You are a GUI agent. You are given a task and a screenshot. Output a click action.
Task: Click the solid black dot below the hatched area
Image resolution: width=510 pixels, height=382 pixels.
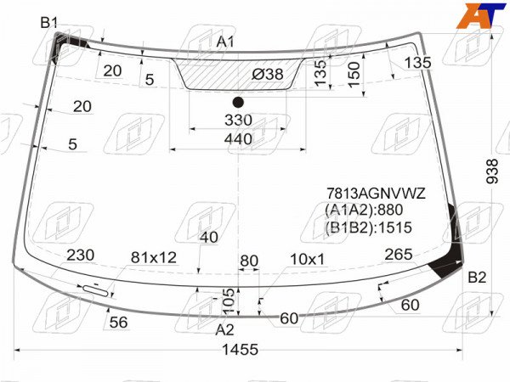(238, 103)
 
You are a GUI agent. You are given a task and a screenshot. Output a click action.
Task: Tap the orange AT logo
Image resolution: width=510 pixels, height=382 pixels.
(481, 15)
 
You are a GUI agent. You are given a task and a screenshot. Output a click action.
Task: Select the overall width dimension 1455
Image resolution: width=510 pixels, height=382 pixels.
(240, 350)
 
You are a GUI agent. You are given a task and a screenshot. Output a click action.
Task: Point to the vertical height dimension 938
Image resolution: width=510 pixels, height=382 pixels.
(492, 171)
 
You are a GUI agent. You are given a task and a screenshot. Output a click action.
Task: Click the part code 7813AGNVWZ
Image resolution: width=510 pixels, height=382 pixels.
(376, 194)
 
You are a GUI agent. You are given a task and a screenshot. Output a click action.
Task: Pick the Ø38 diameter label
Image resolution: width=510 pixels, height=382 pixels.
(268, 75)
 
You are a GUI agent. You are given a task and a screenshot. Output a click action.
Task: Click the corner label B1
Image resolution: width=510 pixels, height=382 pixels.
(48, 23)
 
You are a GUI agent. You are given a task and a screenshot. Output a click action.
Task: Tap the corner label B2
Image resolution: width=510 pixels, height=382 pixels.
(477, 278)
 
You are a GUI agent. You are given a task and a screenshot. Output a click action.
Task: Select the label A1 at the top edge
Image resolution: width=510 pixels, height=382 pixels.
(225, 42)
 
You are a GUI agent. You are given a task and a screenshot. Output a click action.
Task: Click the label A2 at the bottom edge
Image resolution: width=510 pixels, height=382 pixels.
(224, 330)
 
